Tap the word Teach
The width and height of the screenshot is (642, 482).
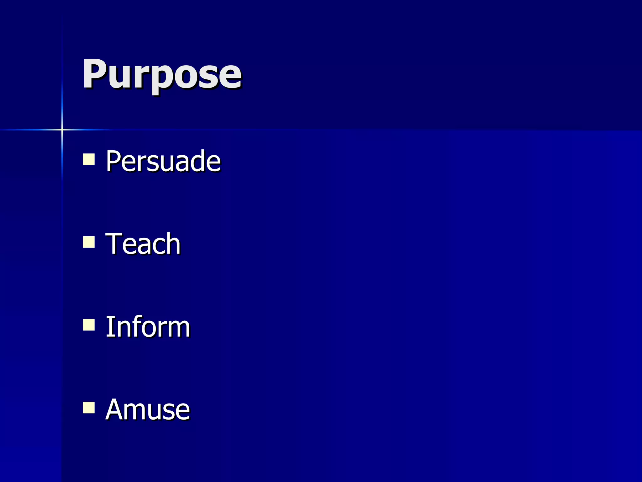point(143,244)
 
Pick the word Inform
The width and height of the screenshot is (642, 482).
point(148,327)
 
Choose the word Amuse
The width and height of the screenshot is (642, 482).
point(148,410)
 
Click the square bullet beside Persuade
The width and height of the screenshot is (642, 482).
point(89,159)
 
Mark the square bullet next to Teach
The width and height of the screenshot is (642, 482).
point(89,242)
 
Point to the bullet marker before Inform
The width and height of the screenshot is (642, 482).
point(89,325)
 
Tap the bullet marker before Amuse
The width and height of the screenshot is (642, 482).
point(89,408)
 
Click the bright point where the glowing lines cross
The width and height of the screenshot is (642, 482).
point(62,129)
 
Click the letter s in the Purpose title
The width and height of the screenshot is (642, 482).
point(205,77)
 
